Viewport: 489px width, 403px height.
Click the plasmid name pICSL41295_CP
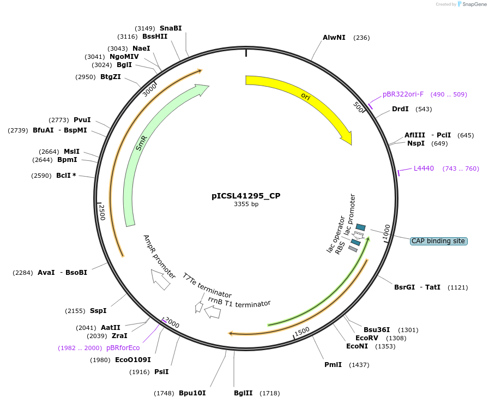click(246, 195)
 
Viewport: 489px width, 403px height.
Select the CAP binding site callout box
click(438, 240)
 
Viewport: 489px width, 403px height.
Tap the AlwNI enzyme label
click(334, 38)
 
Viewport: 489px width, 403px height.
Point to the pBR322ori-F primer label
click(403, 94)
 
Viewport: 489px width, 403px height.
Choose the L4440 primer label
click(424, 169)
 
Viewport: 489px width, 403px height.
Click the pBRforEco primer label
click(123, 348)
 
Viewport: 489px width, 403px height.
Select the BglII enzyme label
click(243, 393)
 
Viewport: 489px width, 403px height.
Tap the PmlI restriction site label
click(333, 364)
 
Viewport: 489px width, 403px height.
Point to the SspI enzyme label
click(98, 311)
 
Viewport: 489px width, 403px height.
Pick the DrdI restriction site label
click(400, 109)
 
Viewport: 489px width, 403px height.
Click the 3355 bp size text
click(246, 204)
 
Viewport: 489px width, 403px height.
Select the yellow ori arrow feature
click(305, 98)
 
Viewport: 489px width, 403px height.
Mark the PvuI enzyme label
click(82, 120)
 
